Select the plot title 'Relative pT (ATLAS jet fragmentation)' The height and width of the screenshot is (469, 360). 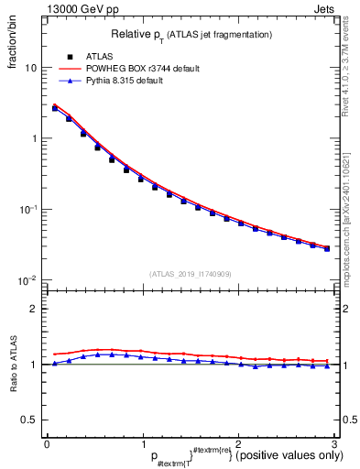point(191,35)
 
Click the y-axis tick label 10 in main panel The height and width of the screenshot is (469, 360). point(30,68)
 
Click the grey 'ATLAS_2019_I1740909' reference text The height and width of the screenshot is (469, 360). point(189,274)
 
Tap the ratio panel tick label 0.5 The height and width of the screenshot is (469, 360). point(29,420)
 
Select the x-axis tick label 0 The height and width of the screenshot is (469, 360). point(47,442)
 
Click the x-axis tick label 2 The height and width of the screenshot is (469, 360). point(238,442)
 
